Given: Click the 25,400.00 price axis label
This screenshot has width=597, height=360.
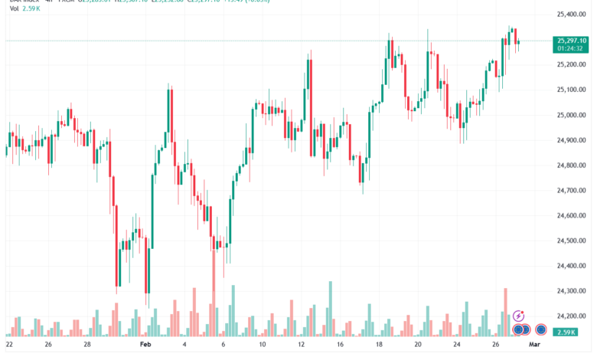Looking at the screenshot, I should tap(573, 15).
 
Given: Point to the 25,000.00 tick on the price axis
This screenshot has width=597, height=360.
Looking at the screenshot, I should tap(573, 115).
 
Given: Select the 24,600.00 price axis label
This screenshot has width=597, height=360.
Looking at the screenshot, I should tap(573, 215).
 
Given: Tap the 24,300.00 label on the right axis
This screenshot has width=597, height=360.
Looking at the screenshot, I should tap(573, 291).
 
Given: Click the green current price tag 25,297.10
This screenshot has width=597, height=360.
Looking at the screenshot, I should tap(573, 41).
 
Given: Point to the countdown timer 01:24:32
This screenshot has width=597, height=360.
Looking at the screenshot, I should tap(573, 48).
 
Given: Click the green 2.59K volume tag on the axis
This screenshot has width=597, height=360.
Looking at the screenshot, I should tap(567, 331).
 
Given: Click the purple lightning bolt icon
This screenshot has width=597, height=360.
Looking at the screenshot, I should tap(518, 315).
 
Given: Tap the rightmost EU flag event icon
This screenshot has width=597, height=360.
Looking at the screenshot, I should tap(540, 329).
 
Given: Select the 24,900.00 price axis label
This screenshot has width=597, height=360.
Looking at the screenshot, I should tap(573, 140).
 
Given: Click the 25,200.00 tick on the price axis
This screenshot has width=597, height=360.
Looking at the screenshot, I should tap(573, 64).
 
